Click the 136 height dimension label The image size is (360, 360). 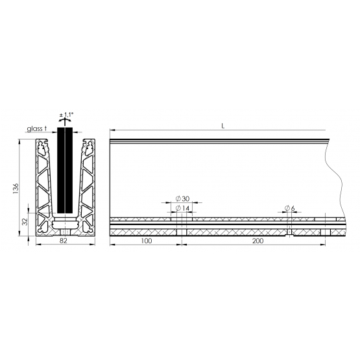tap(16, 188)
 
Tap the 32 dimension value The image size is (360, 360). tap(25, 222)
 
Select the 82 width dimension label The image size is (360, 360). tap(64, 241)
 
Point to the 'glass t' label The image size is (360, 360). tap(37, 128)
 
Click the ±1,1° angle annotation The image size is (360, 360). tap(66, 115)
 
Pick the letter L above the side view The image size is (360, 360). tap(222, 126)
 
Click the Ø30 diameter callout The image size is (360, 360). tap(182, 198)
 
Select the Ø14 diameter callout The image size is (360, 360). tap(182, 208)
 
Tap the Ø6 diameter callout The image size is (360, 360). tap(289, 208)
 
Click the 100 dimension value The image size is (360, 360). tap(146, 241)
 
